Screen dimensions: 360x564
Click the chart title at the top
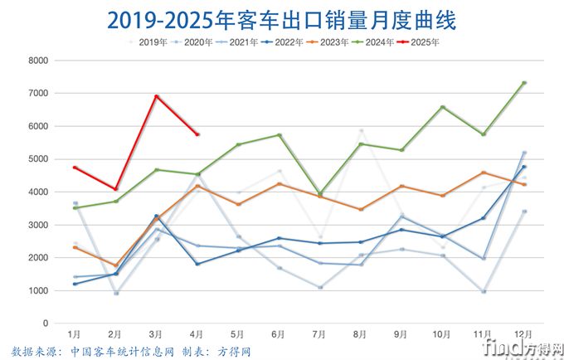282,18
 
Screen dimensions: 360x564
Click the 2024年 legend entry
372,41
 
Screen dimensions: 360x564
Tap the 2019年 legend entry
149,41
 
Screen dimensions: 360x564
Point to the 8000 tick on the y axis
36,61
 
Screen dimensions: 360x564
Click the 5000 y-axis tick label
36,159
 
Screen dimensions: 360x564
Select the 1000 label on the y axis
36,291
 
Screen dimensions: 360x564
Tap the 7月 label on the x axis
320,333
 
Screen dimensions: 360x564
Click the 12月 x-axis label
524,333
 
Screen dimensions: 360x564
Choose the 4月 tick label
197,333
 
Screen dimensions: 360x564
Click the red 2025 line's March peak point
156,96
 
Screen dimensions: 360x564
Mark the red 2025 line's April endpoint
197,134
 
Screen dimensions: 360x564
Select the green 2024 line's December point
524,83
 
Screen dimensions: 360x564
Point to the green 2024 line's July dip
320,193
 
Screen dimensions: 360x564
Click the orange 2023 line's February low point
115,265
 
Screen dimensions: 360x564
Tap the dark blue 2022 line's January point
75,284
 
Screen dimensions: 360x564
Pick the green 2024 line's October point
442,107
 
